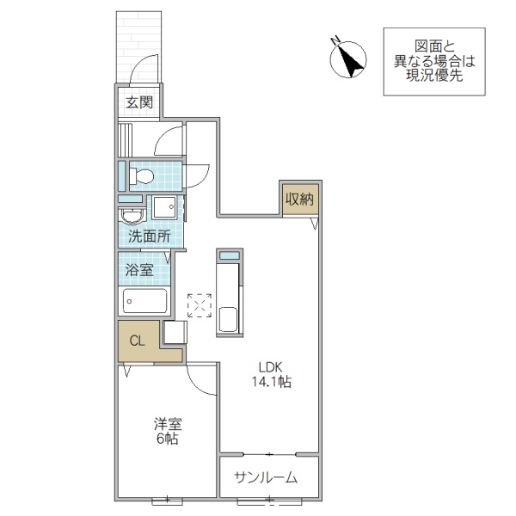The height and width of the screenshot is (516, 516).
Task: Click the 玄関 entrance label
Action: click(x=138, y=103)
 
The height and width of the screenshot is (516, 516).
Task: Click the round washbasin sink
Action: click(x=132, y=215)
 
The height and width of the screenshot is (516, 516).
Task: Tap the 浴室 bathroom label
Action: click(x=140, y=269)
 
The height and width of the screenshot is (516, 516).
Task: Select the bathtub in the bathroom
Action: click(x=144, y=301)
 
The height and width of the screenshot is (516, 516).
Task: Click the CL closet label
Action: click(x=137, y=341)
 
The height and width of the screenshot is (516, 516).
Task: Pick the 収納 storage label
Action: click(x=298, y=199)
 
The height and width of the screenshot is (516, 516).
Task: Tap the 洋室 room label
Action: click(x=167, y=424)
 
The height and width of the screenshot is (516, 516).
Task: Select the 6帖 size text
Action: click(x=167, y=439)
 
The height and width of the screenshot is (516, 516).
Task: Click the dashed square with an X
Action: click(x=200, y=305)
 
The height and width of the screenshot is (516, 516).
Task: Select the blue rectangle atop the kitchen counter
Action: click(x=229, y=255)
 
